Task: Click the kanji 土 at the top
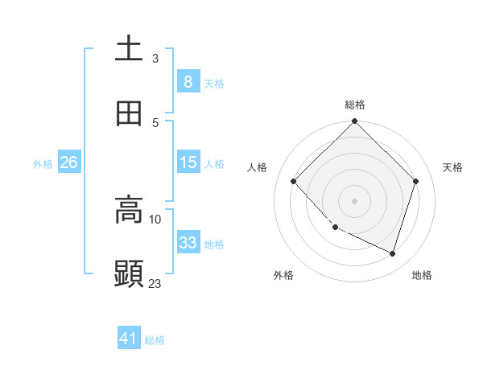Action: point(129,48)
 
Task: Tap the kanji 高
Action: point(129,211)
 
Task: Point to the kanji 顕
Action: point(129,273)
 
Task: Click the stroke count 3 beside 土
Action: point(155,58)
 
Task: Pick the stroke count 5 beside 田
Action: point(155,122)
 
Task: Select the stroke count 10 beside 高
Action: point(155,219)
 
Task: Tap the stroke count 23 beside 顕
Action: point(155,283)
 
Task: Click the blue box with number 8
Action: point(188,81)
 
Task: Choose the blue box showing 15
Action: point(188,162)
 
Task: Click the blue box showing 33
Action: point(188,243)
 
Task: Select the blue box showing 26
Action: point(68,162)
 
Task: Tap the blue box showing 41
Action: point(129,339)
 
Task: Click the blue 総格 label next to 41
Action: point(155,340)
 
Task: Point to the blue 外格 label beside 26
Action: point(43,163)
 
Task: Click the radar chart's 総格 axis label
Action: point(355,105)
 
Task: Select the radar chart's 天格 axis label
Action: point(453,167)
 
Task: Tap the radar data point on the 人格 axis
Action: point(294,181)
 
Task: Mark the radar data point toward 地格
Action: point(393,253)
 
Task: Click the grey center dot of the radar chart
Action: point(355,200)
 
